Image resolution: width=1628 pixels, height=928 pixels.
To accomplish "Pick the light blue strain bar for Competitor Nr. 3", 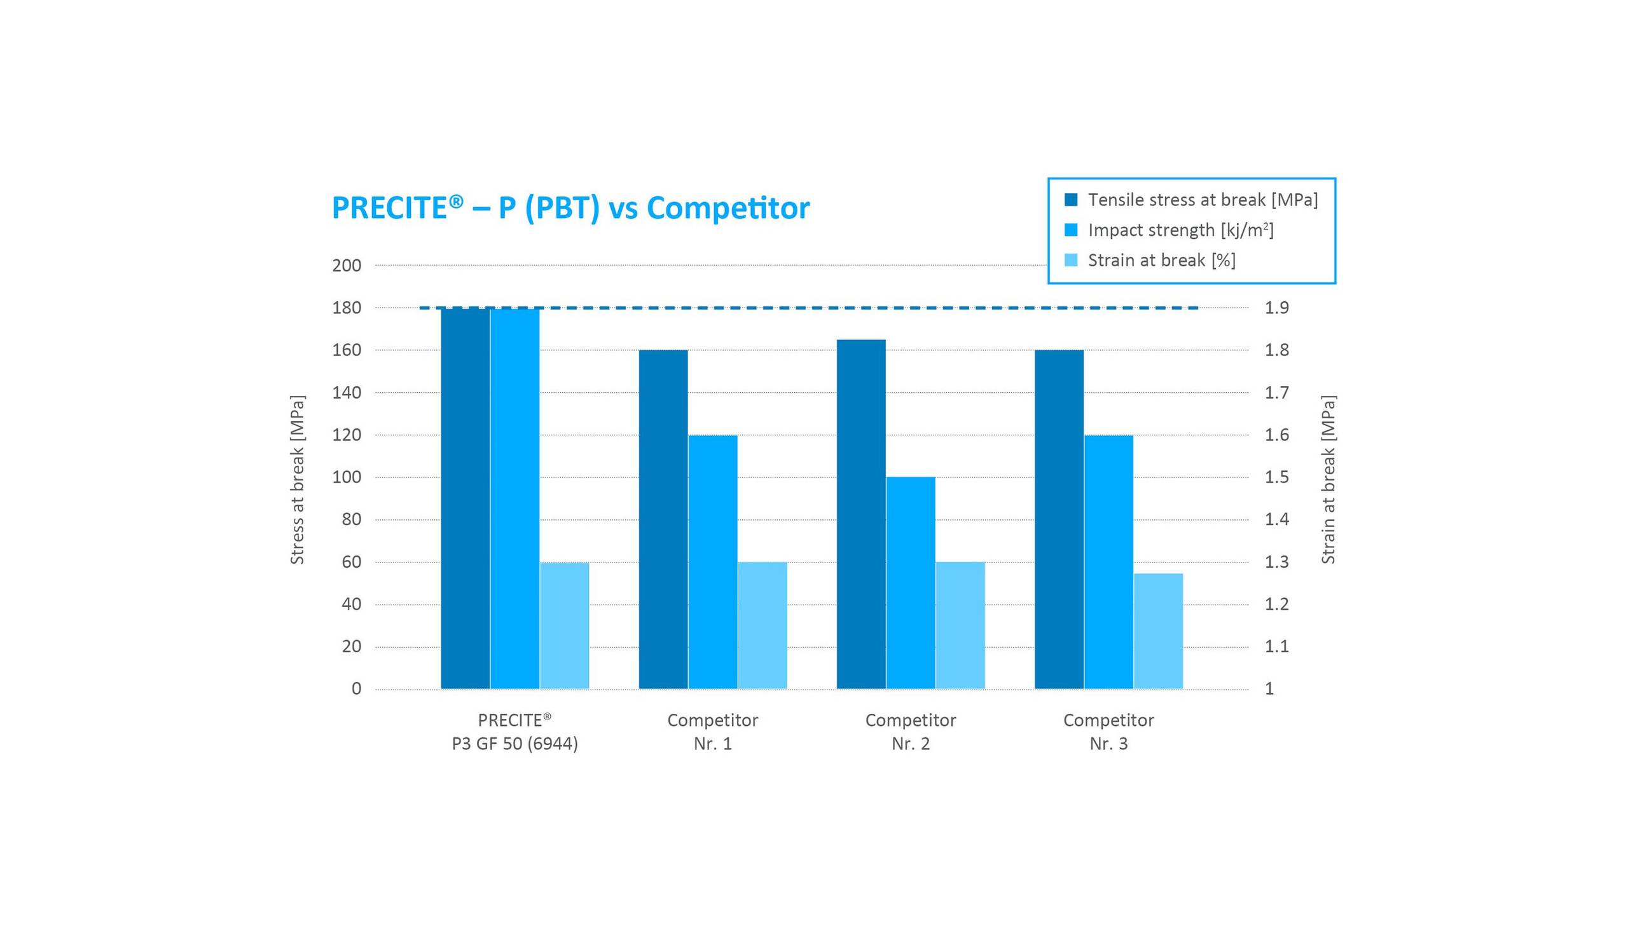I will click(x=1157, y=631).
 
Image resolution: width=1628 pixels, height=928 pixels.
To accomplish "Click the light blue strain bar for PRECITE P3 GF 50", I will click(x=563, y=625).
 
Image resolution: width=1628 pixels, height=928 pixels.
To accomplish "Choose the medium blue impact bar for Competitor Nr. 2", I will click(x=910, y=582).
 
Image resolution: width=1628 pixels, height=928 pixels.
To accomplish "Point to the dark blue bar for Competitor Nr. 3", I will click(x=1058, y=519).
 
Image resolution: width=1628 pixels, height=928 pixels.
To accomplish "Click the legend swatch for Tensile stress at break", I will click(x=1070, y=200).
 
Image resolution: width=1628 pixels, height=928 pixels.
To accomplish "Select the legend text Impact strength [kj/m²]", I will click(x=1180, y=230).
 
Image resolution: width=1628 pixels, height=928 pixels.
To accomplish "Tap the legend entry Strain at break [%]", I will click(x=1161, y=260).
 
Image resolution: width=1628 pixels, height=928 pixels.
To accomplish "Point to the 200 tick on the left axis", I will click(x=346, y=265).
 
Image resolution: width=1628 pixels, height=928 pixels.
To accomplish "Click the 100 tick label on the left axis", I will click(x=346, y=477).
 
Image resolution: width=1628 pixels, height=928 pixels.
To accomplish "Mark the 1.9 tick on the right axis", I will click(x=1276, y=307).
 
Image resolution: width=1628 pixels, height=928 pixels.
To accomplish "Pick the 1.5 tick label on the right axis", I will click(x=1276, y=477).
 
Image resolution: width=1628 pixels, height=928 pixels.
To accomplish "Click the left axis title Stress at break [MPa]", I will click(x=297, y=479).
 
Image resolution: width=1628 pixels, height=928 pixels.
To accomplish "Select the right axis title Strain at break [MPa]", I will click(x=1327, y=479).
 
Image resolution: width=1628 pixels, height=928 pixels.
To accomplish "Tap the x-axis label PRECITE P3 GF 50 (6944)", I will click(x=514, y=732).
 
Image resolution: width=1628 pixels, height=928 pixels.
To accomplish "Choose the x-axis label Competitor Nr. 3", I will click(x=1108, y=732).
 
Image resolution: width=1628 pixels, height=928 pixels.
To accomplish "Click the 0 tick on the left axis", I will click(x=356, y=688).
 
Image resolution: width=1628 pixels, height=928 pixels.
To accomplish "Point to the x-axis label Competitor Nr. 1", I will click(x=712, y=732).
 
